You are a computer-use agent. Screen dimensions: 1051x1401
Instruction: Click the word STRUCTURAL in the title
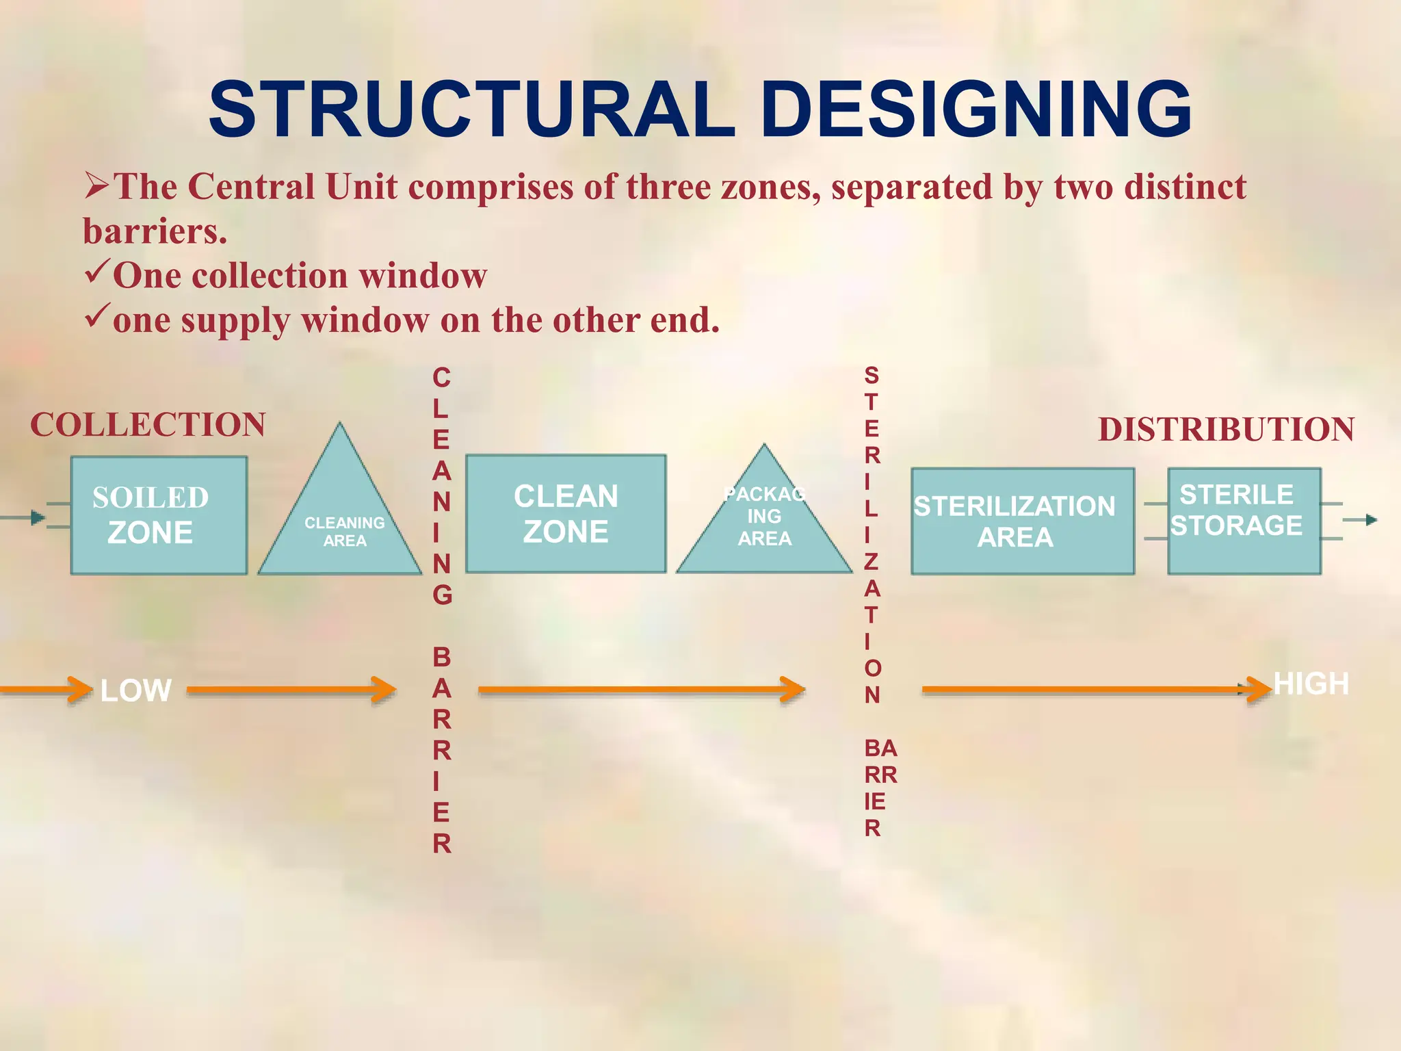[472, 109]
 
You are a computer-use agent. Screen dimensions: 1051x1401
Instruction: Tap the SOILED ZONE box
[159, 515]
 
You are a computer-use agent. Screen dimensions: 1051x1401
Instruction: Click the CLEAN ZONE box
[566, 514]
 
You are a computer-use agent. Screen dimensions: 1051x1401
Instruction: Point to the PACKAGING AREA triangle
[764, 527]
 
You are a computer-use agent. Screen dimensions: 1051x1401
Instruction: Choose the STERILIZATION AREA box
[1022, 521]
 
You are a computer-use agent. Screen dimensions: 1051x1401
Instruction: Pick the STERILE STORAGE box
[1244, 521]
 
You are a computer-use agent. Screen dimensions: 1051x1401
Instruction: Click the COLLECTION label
[148, 425]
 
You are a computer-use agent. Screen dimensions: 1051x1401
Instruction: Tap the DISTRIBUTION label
[1226, 430]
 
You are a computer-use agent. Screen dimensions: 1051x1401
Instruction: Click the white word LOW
[135, 690]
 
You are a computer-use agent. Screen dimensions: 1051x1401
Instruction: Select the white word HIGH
[1311, 684]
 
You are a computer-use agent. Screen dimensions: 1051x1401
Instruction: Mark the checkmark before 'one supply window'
[96, 317]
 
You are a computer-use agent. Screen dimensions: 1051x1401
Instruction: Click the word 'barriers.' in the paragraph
[155, 231]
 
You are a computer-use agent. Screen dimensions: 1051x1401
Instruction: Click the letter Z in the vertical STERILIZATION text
[871, 562]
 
